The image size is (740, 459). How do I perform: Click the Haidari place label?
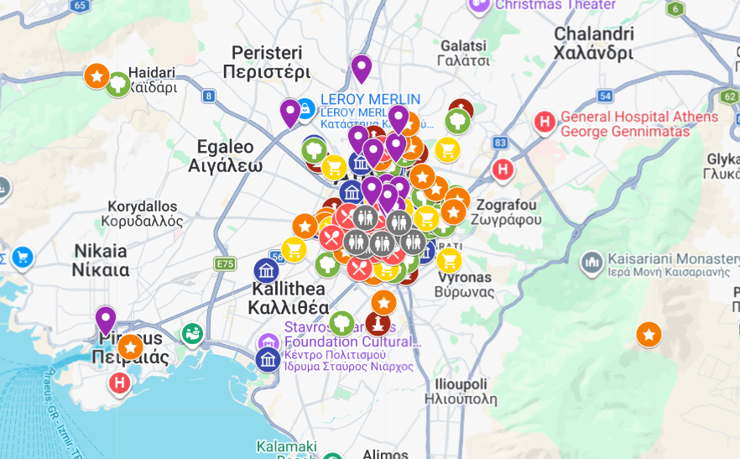(152, 80)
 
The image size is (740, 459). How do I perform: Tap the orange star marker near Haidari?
(96, 76)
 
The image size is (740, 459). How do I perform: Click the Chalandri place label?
(593, 43)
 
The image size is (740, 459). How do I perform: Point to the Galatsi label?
(463, 52)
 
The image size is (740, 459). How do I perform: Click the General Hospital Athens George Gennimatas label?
(639, 124)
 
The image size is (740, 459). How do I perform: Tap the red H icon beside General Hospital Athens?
(545, 123)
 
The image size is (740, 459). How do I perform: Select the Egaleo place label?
(225, 155)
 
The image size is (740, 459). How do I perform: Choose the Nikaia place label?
(101, 260)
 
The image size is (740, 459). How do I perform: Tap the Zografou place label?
(507, 211)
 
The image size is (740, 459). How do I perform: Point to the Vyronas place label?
(463, 284)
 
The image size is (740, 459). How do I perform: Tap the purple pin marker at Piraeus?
(106, 319)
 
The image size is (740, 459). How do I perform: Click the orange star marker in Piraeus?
(130, 347)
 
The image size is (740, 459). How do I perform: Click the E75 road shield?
(225, 264)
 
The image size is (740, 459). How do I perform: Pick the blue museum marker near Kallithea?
(267, 270)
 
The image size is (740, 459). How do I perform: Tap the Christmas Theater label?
(555, 5)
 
